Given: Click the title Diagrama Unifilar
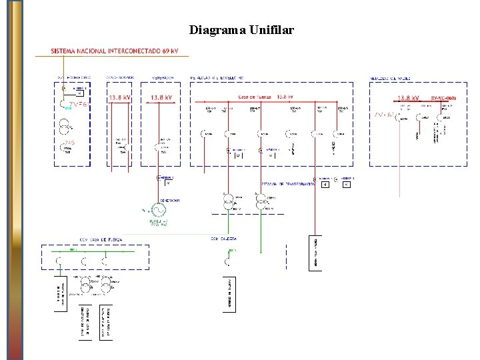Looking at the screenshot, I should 241,30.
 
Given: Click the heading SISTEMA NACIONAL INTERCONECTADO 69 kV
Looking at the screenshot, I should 115,51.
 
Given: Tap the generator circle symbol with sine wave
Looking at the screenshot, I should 158,210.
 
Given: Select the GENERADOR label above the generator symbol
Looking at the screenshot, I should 169,200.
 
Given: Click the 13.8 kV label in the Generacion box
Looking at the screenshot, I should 161,97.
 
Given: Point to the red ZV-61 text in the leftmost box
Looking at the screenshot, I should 78,104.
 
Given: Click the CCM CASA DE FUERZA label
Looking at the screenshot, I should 101,239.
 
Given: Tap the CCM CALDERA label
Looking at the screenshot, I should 224,238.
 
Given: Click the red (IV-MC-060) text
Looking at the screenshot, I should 443,98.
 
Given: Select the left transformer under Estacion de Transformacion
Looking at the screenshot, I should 228,199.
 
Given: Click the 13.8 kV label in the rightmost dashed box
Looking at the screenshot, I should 409,97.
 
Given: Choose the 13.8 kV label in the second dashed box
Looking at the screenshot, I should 119,97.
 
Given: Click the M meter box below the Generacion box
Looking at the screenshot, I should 168,183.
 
